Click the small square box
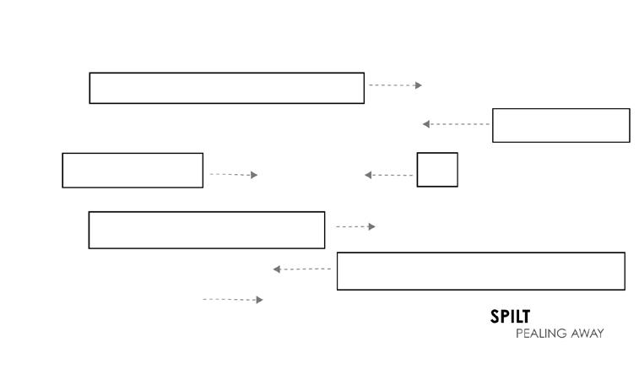(x=437, y=170)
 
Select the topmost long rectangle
(x=226, y=88)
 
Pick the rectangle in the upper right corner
(x=560, y=125)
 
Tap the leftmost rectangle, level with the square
(x=133, y=170)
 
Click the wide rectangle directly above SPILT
(x=480, y=270)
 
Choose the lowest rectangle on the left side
(x=207, y=230)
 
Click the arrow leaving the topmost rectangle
(x=395, y=85)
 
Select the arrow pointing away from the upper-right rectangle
(x=456, y=124)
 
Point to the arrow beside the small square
(x=389, y=175)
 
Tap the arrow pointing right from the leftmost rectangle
(x=234, y=174)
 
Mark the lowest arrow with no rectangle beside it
(x=233, y=299)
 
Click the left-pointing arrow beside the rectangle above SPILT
(x=301, y=269)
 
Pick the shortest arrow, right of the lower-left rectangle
(x=355, y=226)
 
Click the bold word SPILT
(x=510, y=317)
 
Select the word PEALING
(x=539, y=334)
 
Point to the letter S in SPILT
(x=495, y=317)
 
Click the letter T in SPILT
(x=525, y=317)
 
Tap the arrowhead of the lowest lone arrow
(x=259, y=300)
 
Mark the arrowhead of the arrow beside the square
(x=369, y=175)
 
